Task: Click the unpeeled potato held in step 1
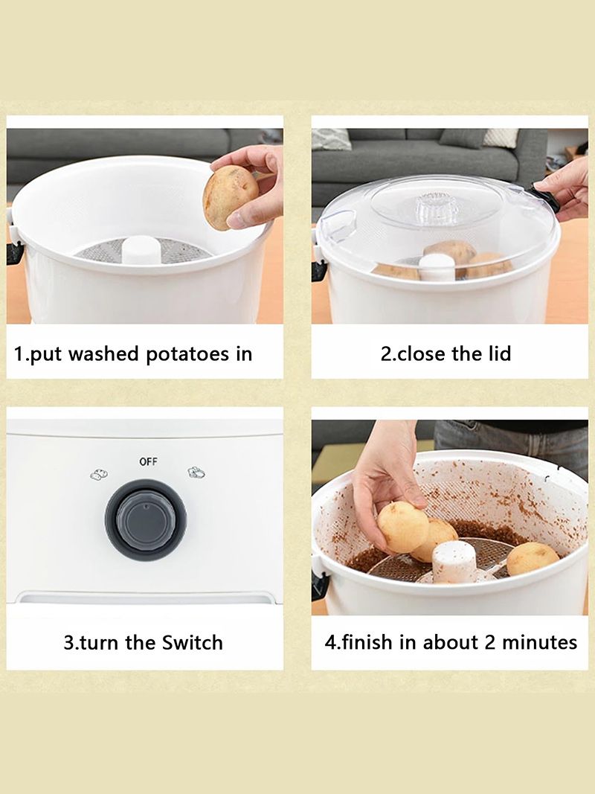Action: [231, 197]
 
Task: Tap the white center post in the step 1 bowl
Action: [141, 249]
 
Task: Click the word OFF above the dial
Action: [148, 461]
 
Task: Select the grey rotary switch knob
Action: [146, 520]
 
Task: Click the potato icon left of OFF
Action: [99, 475]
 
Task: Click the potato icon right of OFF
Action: [196, 473]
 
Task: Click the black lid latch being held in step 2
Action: [545, 199]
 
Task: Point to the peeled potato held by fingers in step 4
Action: [402, 527]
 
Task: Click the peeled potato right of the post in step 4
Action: [532, 558]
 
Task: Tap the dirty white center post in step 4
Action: [454, 562]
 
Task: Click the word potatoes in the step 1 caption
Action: [188, 354]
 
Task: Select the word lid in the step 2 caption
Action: [499, 353]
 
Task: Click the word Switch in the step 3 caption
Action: [193, 643]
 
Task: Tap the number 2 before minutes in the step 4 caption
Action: [490, 642]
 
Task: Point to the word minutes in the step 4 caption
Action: [539, 642]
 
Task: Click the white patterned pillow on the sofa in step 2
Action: [501, 138]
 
